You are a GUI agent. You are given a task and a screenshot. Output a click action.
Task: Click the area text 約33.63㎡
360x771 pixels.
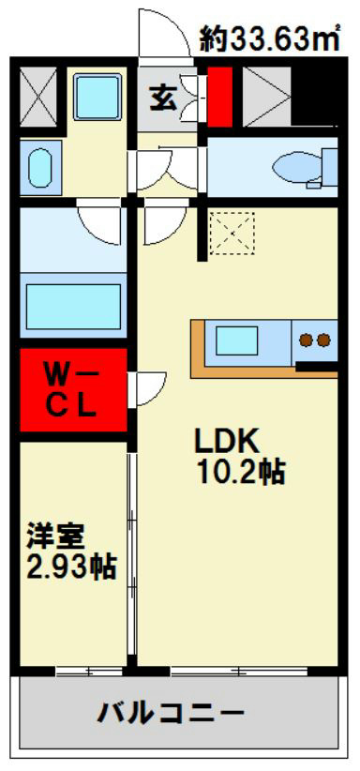[269, 40]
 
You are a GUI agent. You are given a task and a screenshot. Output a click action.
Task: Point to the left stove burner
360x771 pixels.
[307, 340]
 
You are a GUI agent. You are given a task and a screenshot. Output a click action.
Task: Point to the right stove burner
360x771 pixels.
[323, 340]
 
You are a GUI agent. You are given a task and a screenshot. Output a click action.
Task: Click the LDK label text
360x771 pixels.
[227, 443]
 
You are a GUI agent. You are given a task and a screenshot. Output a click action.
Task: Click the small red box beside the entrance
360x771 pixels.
[219, 97]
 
